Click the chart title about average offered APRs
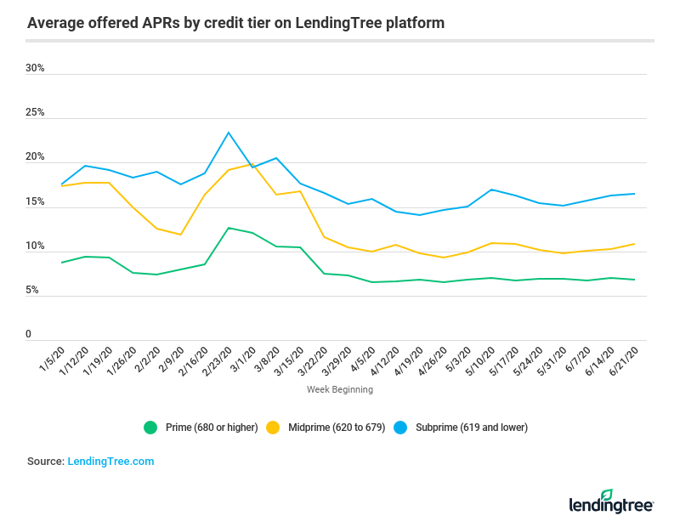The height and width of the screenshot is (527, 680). pyautogui.click(x=235, y=23)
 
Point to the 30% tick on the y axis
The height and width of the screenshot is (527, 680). pyautogui.click(x=35, y=68)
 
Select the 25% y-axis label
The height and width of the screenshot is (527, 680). pyautogui.click(x=35, y=113)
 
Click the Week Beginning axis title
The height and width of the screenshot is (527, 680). pyautogui.click(x=340, y=390)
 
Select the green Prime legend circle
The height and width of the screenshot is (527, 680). pyautogui.click(x=150, y=428)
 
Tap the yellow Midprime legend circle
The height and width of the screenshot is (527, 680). pyautogui.click(x=274, y=428)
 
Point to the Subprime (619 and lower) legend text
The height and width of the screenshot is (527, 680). pyautogui.click(x=471, y=428)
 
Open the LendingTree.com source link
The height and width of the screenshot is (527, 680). pyautogui.click(x=110, y=462)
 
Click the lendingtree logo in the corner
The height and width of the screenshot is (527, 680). pyautogui.click(x=611, y=502)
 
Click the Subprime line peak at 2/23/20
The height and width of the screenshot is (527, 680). pyautogui.click(x=229, y=133)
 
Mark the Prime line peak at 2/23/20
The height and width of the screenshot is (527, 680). pyautogui.click(x=229, y=228)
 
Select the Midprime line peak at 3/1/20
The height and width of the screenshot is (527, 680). pyautogui.click(x=252, y=164)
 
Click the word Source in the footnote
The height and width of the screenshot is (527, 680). pyautogui.click(x=44, y=462)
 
